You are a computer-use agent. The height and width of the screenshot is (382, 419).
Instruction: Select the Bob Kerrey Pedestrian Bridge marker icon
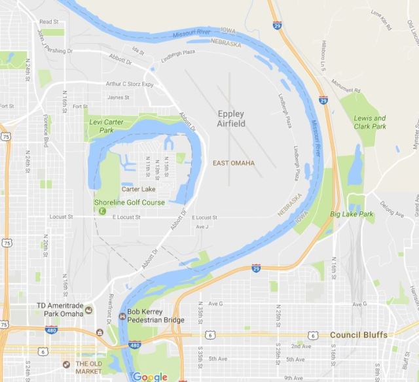pos(122,317)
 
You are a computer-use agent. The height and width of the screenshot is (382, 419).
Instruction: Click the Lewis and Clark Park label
pos(370,122)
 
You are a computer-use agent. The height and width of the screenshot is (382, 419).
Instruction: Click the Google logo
pos(149,377)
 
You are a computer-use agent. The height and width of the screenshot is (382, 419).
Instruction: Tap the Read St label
pos(49,22)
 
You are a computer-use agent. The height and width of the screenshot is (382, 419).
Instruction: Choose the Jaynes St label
pos(118,98)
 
